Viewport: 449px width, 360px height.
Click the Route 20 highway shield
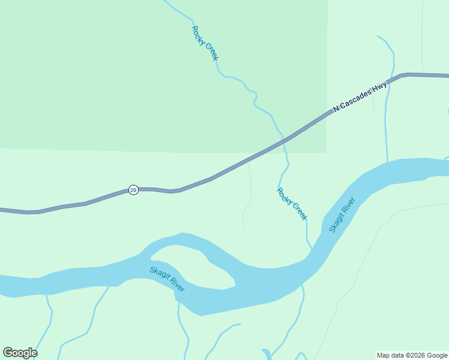[133, 190]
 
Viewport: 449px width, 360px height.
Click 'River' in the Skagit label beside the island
[177, 284]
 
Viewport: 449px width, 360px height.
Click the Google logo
[20, 353]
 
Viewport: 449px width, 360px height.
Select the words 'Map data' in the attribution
[388, 356]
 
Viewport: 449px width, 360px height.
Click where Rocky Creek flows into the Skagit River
[312, 248]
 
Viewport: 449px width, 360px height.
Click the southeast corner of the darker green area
[326, 151]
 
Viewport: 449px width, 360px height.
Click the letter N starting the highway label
[336, 110]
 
